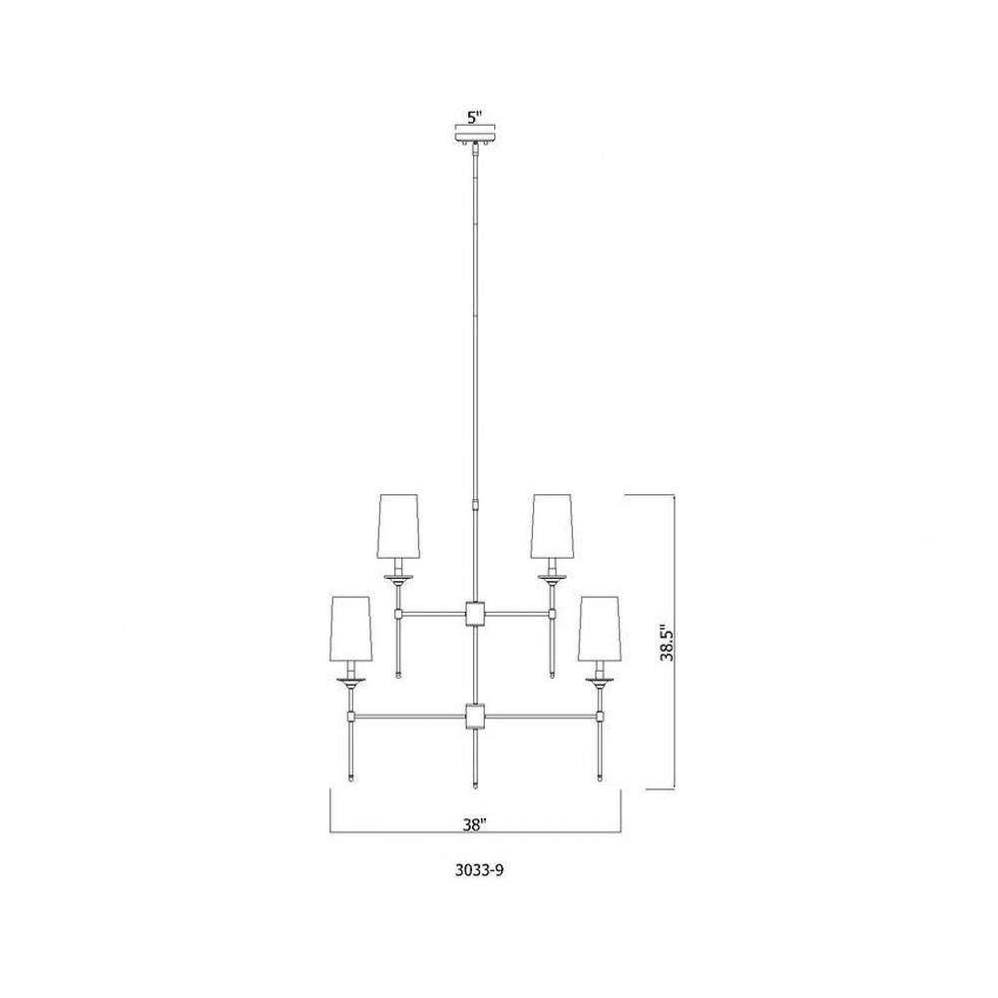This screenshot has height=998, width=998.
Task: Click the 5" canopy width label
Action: coord(475,117)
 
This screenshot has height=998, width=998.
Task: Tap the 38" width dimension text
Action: coord(474,824)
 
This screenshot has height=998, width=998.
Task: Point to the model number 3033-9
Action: coord(479,870)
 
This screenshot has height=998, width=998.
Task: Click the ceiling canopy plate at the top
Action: coord(475,137)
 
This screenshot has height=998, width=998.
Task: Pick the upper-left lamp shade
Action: coord(398,525)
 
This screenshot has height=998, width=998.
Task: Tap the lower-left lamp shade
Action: coord(350,628)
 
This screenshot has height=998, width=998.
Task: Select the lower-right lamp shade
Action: coord(600,628)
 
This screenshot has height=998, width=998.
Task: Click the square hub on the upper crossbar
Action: coord(475,614)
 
